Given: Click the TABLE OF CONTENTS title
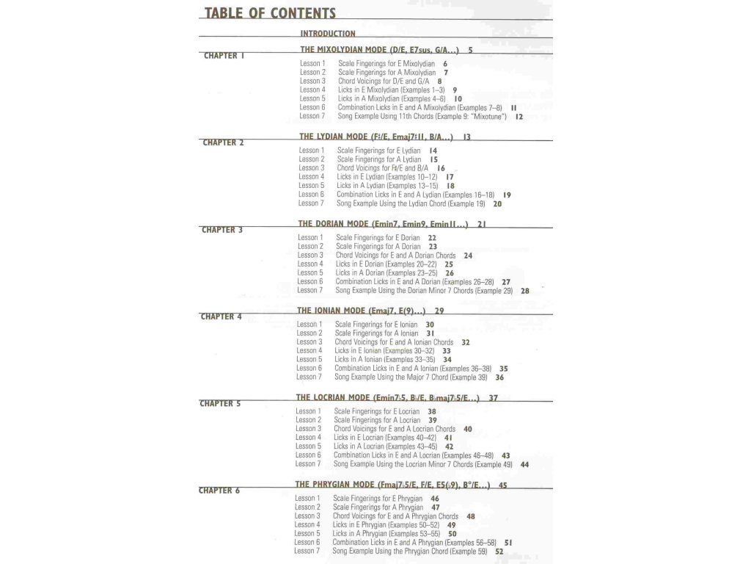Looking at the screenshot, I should pos(270,13).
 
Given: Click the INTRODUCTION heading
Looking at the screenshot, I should pos(328,33).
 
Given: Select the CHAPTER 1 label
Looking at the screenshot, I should pos(224,56).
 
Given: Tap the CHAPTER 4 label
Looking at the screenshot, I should pos(221,317).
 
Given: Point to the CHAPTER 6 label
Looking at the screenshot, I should pos(219,491).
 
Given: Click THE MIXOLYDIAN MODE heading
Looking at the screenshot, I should pos(380,50).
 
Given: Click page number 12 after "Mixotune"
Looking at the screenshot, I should pos(519,116).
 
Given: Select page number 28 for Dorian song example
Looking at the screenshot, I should pos(525,291).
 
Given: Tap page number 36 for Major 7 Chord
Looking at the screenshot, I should pos(499,377).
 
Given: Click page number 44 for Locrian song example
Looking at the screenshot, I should pos(524,464).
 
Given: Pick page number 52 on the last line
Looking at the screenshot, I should pos(499,552).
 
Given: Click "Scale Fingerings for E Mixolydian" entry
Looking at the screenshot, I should pos(387,64).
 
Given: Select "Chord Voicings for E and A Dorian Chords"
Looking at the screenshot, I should pos(395,256).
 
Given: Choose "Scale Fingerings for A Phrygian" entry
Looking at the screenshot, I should pos(378,507).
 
